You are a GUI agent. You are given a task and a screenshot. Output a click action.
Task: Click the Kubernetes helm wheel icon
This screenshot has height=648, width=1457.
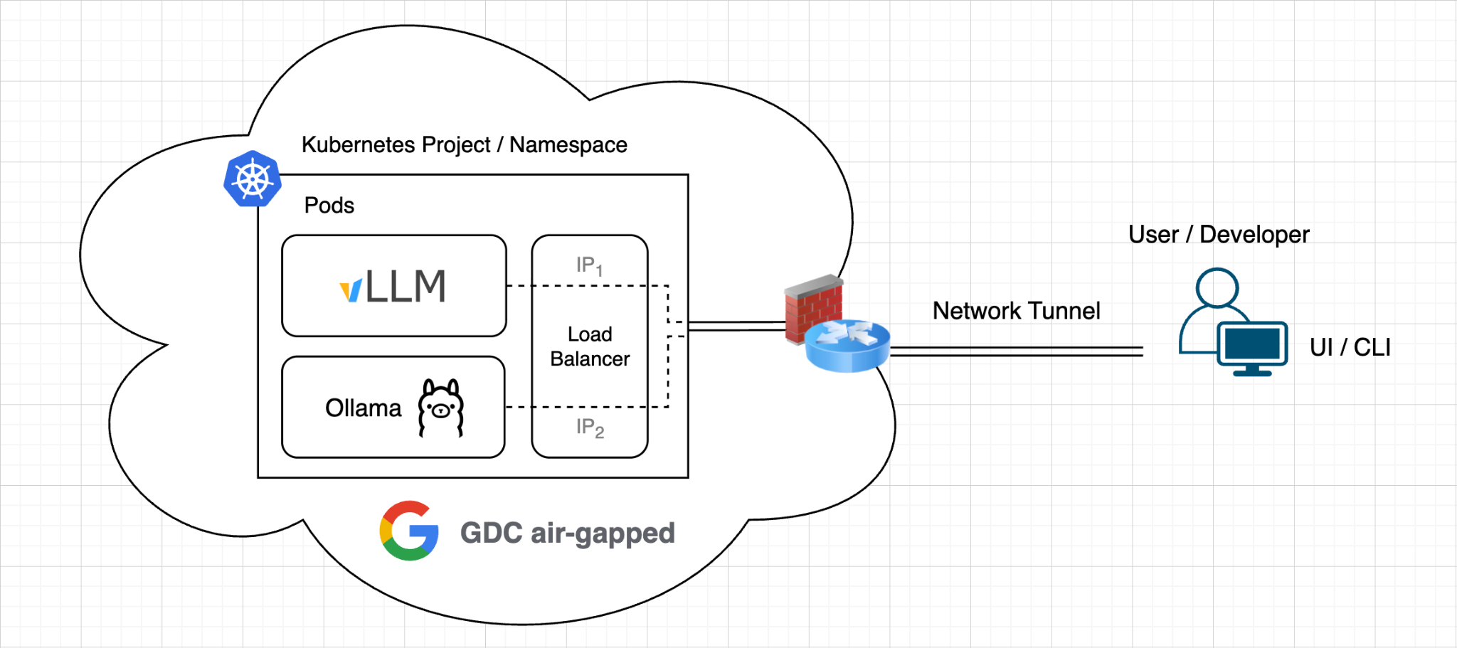click(x=253, y=179)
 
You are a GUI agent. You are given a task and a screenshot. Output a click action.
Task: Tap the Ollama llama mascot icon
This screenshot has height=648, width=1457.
click(x=441, y=408)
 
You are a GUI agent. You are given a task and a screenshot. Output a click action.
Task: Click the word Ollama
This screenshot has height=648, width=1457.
click(x=363, y=408)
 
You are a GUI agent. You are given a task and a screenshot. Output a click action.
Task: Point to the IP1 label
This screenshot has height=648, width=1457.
click(x=590, y=266)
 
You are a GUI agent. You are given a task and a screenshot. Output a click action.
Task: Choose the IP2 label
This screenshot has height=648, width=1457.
click(x=590, y=427)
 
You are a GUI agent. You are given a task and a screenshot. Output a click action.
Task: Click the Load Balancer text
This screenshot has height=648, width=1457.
click(x=590, y=346)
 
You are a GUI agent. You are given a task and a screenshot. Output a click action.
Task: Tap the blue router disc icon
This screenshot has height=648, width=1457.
click(x=847, y=346)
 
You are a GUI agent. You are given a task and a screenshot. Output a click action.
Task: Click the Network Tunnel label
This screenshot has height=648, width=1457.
click(x=1016, y=311)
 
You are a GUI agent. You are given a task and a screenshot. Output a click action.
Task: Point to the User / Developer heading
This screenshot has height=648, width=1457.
click(x=1219, y=234)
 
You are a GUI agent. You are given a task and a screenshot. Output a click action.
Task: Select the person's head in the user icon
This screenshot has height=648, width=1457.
click(x=1217, y=287)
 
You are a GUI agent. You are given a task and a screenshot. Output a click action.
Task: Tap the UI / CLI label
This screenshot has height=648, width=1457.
click(x=1350, y=347)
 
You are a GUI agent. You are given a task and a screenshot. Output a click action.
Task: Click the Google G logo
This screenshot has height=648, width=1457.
click(x=409, y=531)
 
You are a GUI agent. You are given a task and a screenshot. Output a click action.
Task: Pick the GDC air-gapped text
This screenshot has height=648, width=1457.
click(x=568, y=533)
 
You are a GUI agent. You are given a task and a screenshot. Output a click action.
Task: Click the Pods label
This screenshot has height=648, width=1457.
click(x=329, y=205)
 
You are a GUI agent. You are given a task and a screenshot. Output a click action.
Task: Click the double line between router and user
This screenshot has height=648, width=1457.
click(x=1017, y=351)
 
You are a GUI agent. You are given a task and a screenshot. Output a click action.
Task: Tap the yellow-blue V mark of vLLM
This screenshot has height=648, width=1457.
click(x=351, y=291)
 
